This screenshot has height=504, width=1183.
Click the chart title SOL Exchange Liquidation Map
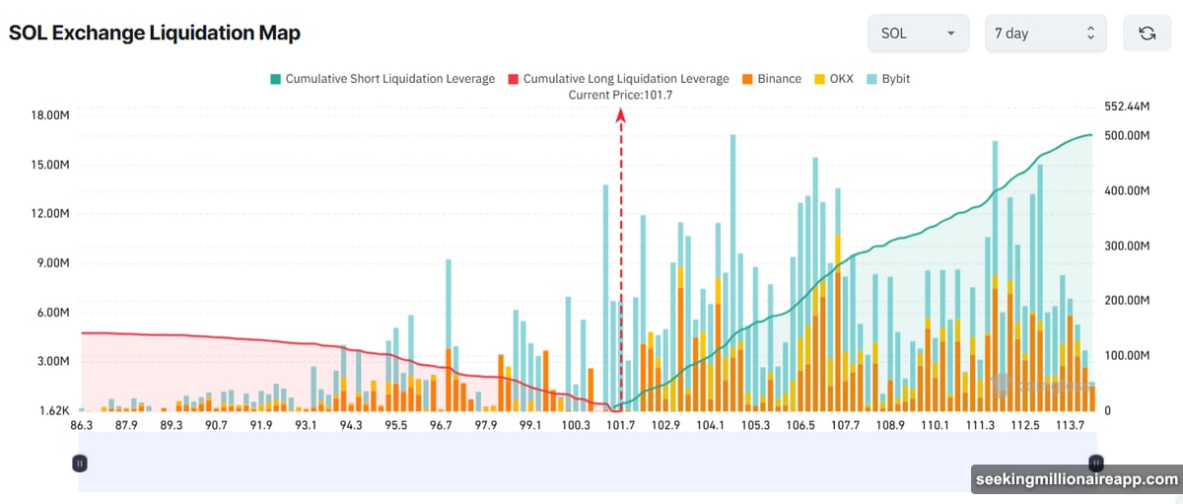tap(155, 33)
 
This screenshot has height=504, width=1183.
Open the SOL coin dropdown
tap(917, 33)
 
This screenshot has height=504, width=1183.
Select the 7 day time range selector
tap(1045, 33)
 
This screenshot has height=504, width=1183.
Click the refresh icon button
tap(1147, 33)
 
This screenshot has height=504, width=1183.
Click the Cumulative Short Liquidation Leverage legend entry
tap(382, 79)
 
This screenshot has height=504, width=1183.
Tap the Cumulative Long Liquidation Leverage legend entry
tap(618, 79)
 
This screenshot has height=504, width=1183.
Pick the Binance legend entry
tap(771, 79)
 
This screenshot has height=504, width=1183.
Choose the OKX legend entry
tap(834, 79)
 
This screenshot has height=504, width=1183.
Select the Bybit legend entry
tap(888, 79)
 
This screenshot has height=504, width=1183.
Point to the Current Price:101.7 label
tap(620, 95)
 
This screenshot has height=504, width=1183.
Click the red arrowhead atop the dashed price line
tap(621, 115)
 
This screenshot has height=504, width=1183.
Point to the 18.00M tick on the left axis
tap(49, 115)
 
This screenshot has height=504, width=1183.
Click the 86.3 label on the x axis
tap(81, 426)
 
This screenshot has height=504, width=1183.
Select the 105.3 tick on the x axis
tap(755, 426)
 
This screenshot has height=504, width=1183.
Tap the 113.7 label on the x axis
tap(1071, 426)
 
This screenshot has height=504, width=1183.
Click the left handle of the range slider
tap(80, 463)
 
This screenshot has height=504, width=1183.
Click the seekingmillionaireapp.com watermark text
tap(1076, 480)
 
